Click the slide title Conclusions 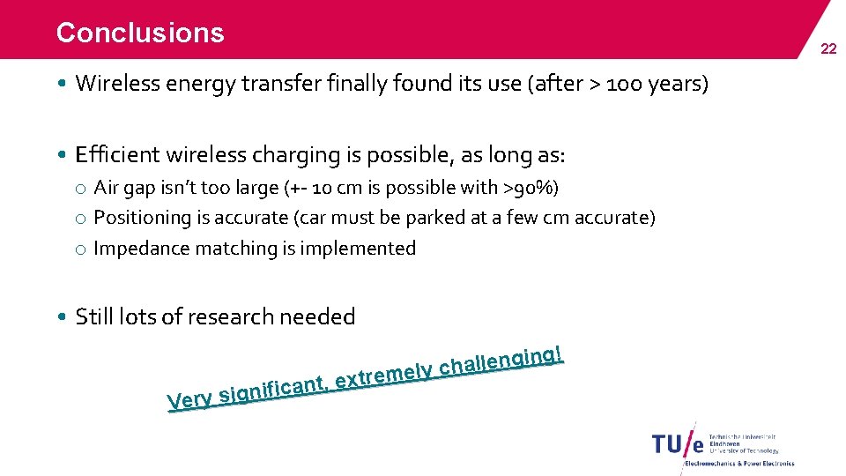click(140, 33)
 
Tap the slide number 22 click(828, 49)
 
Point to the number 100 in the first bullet click(627, 84)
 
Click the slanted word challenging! click(501, 361)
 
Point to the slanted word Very click(189, 400)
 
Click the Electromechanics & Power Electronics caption click(738, 463)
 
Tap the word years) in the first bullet click(679, 84)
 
